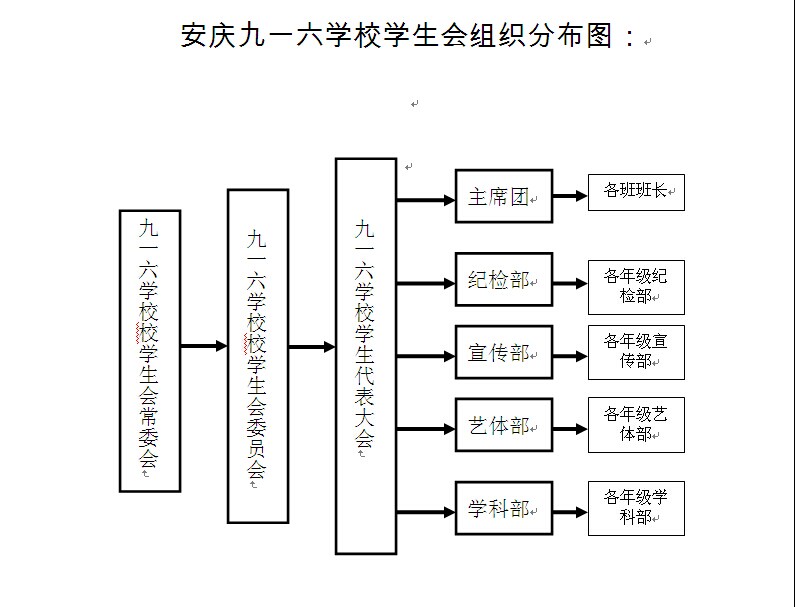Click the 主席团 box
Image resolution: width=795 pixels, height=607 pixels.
(504, 196)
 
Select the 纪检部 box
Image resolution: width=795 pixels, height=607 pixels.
(504, 279)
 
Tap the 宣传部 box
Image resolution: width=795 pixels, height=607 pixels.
(504, 352)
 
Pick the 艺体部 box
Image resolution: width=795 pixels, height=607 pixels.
(504, 425)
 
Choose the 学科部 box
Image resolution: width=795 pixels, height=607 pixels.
(504, 508)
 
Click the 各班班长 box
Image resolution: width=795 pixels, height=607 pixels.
(636, 192)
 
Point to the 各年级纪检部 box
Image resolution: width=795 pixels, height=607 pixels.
(636, 288)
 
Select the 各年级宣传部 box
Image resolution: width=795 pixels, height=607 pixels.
(636, 352)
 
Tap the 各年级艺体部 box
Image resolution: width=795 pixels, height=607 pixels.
(636, 425)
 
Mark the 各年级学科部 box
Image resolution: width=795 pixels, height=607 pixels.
(636, 509)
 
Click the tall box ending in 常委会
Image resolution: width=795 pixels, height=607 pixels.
(150, 351)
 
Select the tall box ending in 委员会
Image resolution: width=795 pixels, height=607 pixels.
(258, 356)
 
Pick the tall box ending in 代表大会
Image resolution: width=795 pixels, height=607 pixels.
(366, 356)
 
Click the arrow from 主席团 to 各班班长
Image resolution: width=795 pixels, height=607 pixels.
(570, 196)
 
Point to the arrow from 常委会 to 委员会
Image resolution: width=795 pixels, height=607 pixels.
(204, 346)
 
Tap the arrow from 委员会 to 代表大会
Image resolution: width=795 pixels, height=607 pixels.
(312, 347)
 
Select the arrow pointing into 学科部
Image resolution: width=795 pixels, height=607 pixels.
(426, 512)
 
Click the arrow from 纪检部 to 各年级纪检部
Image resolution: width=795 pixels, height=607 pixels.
(570, 284)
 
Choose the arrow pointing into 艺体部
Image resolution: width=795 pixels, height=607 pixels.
(426, 430)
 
